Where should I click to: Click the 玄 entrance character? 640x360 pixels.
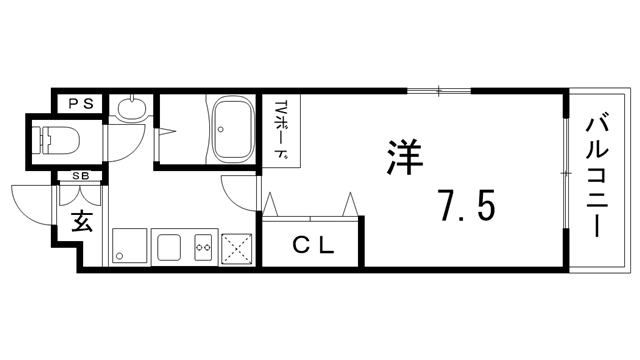coord(81,221)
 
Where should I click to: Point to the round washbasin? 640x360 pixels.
coord(130,109)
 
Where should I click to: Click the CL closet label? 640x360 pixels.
coord(313,243)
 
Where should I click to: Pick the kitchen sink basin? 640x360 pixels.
coord(167,246)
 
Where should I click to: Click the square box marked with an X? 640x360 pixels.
coord(239,247)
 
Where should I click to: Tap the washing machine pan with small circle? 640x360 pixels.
coord(129,246)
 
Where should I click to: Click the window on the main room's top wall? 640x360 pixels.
coord(439,91)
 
